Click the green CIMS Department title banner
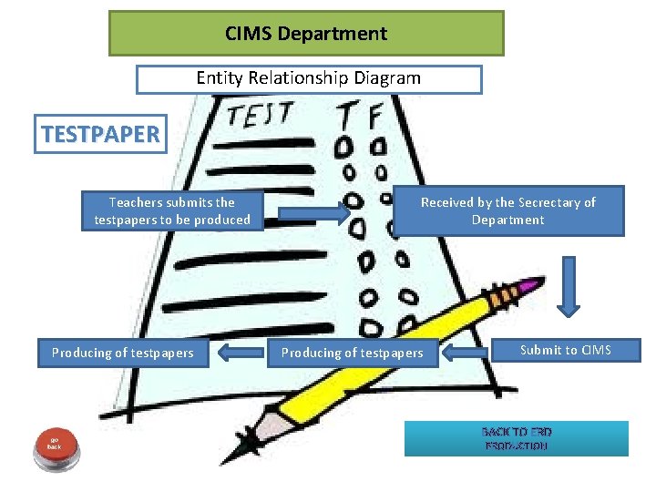coord(306,34)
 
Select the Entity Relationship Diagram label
coord(309,78)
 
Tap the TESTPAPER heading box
coord(100,135)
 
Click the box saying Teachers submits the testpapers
coord(172,211)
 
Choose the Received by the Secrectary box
coord(507,211)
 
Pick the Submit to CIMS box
coord(565,350)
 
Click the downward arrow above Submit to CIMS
coord(570,286)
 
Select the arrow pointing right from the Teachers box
coord(313,213)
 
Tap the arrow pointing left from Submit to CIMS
coord(468,352)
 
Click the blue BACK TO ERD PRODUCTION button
coord(517,438)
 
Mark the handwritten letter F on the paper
coord(373,117)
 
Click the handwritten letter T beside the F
coord(347,117)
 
